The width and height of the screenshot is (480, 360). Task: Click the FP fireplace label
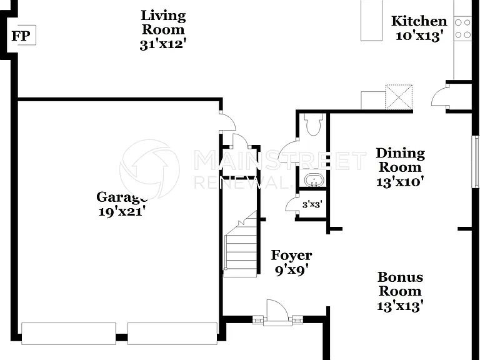[x=21, y=36]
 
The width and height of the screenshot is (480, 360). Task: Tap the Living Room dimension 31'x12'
[x=163, y=44]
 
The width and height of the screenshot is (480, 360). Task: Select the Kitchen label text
[x=419, y=21]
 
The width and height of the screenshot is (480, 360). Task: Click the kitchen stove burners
[x=462, y=29]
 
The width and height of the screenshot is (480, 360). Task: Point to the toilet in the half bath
[x=314, y=124]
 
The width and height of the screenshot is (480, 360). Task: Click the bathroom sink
[x=314, y=180]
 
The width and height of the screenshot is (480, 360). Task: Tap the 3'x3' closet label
[x=312, y=204]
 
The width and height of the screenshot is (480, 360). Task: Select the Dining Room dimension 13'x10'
[x=400, y=182]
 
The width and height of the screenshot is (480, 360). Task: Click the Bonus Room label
[x=400, y=284]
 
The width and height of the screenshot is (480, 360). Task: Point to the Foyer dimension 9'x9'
[x=291, y=270]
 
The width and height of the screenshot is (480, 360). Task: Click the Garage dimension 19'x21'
[x=121, y=211]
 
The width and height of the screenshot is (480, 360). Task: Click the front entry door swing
[x=277, y=310]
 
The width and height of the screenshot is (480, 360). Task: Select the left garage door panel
[x=69, y=333]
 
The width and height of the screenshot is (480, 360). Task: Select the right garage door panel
[x=172, y=333]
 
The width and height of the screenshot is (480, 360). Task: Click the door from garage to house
[x=228, y=121]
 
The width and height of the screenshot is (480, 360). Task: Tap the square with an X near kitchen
[x=399, y=97]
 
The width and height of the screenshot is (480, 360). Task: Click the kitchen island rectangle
[x=371, y=20]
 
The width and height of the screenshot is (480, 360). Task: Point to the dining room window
[x=475, y=161]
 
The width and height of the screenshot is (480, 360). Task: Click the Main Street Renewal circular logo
[x=149, y=169]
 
